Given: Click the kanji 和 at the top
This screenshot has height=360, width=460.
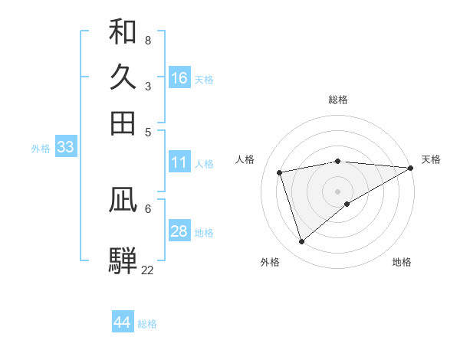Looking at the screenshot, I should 123,32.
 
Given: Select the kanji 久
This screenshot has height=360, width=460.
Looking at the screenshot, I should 123,77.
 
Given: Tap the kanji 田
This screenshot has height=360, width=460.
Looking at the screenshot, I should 123,123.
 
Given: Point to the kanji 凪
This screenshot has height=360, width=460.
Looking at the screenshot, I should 123,200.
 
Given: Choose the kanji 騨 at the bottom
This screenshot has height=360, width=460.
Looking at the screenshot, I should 123,260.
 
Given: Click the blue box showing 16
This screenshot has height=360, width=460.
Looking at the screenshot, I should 179,78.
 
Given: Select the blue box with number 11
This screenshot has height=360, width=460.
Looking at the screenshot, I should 179,162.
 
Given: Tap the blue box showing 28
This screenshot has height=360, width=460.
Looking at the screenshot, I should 179,231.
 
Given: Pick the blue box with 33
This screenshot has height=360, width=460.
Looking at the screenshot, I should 65,147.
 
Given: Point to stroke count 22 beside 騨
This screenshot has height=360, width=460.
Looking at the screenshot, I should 147,270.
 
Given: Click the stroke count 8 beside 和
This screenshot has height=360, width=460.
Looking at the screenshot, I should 148,41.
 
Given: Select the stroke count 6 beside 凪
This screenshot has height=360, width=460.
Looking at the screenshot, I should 148,208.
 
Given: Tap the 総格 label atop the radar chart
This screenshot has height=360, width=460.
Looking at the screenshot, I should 338,100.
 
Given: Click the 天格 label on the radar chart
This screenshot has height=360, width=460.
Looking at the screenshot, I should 431,159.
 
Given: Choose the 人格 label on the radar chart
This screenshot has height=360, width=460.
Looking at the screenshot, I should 245,159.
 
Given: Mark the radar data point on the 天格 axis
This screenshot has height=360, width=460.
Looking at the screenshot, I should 411,168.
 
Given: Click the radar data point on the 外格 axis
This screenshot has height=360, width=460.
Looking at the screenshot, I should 301,242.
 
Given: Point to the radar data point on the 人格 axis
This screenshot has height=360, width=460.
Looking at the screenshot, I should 281,172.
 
